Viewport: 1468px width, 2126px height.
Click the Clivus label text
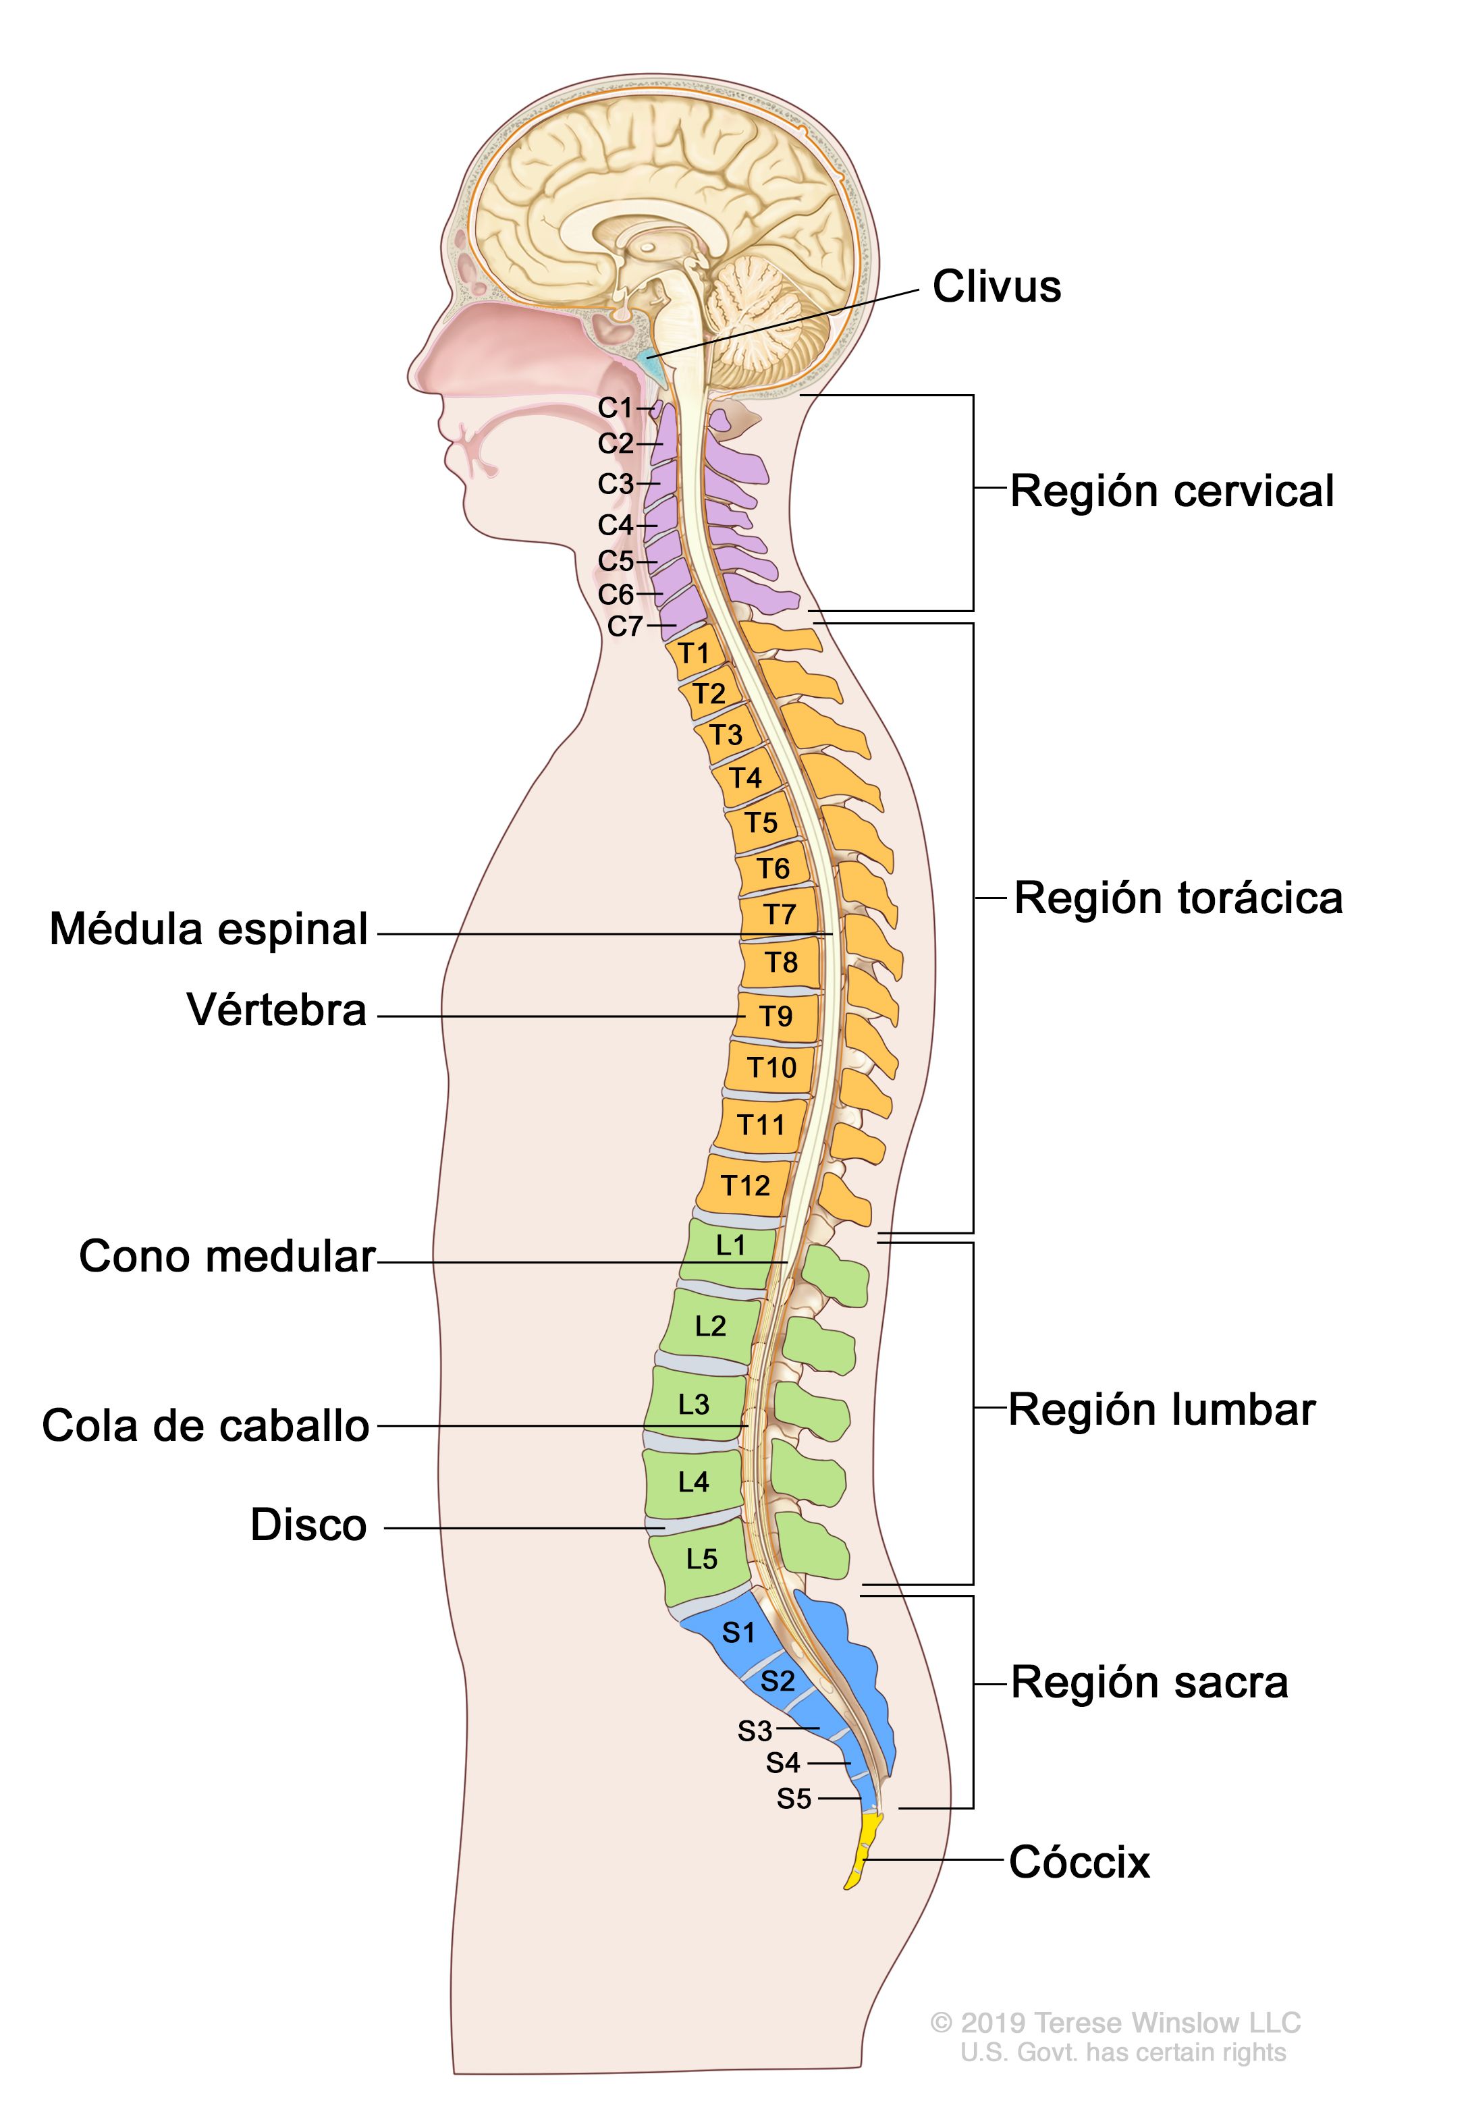click(996, 287)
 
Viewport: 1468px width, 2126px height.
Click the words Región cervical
click(1171, 491)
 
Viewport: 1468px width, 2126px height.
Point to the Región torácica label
click(1177, 898)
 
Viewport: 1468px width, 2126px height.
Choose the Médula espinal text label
click(209, 929)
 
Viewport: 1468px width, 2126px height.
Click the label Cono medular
click(226, 1256)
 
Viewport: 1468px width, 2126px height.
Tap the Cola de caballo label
click(205, 1426)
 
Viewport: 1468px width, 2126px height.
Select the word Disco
click(308, 1525)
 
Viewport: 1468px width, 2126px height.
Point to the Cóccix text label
click(1079, 1863)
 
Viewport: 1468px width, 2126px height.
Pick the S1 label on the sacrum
click(738, 1632)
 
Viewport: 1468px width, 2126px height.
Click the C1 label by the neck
click(616, 408)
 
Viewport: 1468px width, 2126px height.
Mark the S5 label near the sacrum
click(794, 1799)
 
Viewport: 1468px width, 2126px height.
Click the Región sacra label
click(1149, 1683)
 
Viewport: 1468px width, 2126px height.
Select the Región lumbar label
click(1162, 1410)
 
